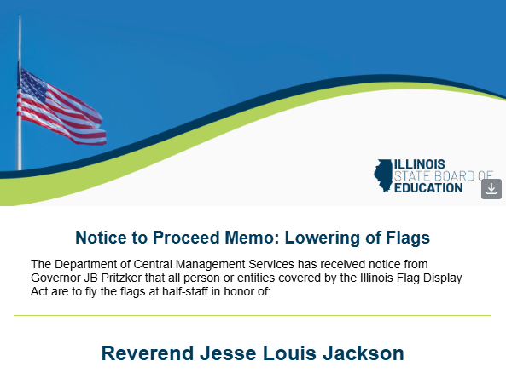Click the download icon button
click(491, 188)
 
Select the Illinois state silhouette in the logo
click(382, 175)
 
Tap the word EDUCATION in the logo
click(428, 187)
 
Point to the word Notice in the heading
click(102, 238)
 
